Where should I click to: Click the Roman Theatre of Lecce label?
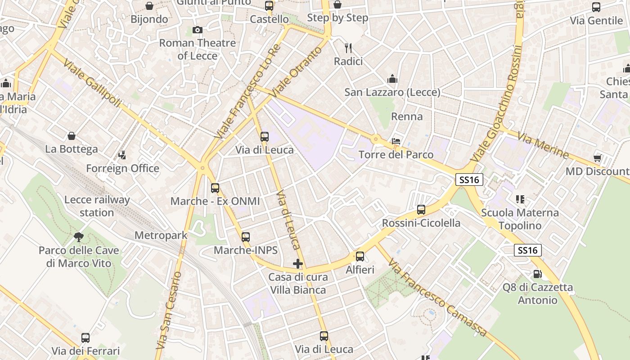[197, 49]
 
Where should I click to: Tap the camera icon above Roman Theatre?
[197, 30]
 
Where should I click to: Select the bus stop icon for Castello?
[269, 6]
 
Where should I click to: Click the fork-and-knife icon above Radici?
[348, 48]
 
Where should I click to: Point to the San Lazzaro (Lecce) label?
[392, 92]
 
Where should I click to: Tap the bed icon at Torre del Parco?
[396, 142]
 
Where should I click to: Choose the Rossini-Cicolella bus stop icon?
[421, 210]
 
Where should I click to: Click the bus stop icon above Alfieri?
[360, 257]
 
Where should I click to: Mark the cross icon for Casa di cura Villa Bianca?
[297, 264]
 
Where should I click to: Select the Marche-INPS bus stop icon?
[246, 237]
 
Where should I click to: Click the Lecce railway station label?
[97, 206]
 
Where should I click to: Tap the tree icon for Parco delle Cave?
[79, 237]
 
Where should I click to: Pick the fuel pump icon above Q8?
[537, 274]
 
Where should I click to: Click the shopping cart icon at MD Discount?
[598, 158]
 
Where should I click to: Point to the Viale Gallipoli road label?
[92, 84]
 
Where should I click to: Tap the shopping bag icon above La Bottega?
[71, 136]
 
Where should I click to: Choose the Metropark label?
[161, 235]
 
